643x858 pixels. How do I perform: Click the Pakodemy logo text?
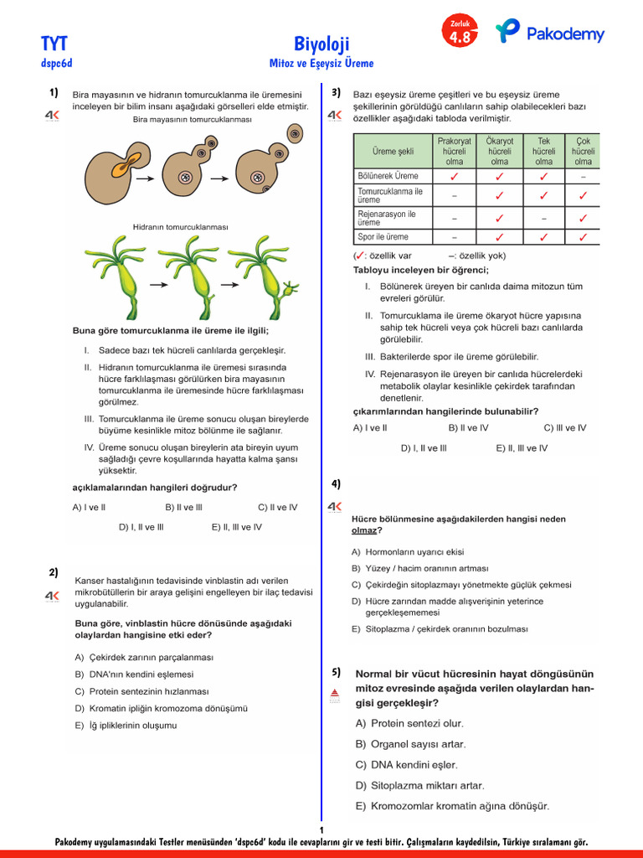click(565, 34)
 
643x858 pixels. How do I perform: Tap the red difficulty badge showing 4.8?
click(460, 34)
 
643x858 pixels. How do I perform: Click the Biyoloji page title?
click(321, 44)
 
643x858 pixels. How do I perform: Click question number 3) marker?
click(336, 92)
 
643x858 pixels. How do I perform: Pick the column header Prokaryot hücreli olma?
click(455, 152)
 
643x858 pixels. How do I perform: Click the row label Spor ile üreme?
click(383, 237)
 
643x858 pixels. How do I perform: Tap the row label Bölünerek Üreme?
click(388, 176)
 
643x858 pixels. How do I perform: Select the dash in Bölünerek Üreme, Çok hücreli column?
click(583, 177)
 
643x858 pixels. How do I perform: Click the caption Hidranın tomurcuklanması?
click(180, 227)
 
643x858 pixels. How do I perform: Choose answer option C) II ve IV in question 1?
click(277, 507)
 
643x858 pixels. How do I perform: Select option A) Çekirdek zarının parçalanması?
click(144, 658)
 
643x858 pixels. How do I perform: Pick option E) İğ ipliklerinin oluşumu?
click(126, 726)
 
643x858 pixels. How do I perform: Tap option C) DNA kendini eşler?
click(406, 764)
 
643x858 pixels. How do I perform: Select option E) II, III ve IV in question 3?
click(522, 448)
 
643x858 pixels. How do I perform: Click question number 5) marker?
click(336, 672)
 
